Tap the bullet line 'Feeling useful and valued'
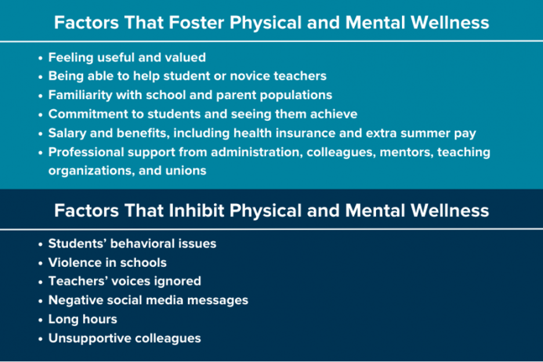[x=126, y=57]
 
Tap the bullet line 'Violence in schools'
[x=107, y=262]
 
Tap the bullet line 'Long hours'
[x=82, y=319]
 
